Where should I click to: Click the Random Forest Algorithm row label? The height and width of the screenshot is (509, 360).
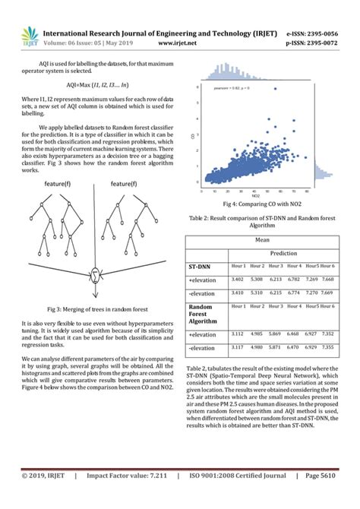[x=204, y=316]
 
